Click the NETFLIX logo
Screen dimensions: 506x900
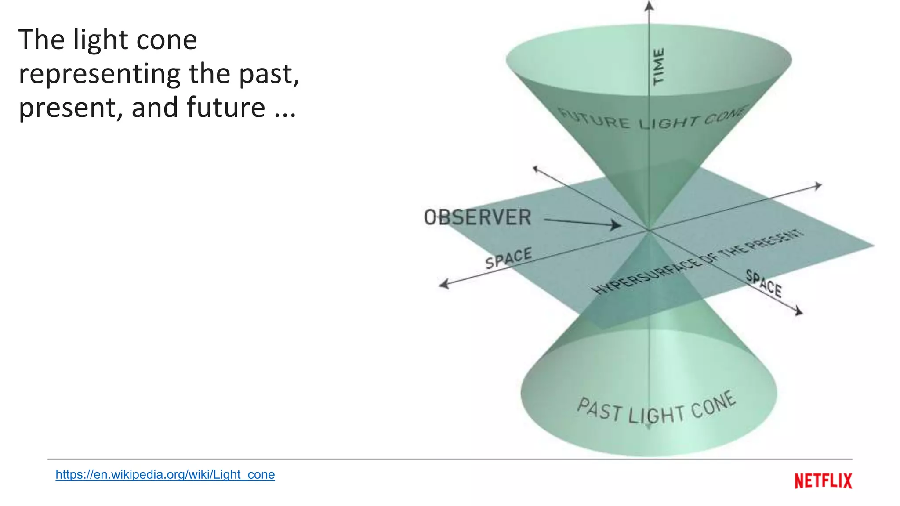[x=823, y=481]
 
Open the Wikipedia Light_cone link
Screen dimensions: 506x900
[x=165, y=474]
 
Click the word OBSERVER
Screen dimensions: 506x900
[x=477, y=217]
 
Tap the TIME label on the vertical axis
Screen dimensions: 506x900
[x=658, y=67]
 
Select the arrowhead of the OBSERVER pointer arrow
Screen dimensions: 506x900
[x=617, y=225]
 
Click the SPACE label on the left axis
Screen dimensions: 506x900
[x=508, y=258]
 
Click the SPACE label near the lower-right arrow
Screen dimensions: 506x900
[x=764, y=284]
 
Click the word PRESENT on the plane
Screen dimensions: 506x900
[x=776, y=240]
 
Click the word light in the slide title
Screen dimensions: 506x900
[x=101, y=40]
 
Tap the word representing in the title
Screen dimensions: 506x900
[x=99, y=73]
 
